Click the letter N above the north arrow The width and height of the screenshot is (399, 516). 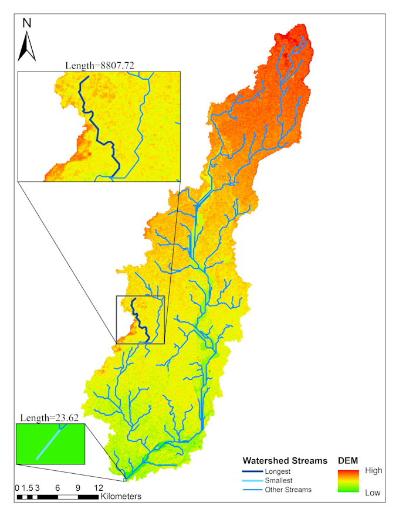27,23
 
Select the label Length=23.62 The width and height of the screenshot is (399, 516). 49,418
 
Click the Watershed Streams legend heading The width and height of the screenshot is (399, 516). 285,461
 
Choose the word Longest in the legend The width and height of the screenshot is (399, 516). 278,471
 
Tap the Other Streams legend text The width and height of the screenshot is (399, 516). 288,490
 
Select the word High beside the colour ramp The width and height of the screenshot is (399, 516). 373,470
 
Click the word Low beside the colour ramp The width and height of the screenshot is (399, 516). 373,493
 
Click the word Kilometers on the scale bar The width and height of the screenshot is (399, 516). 121,497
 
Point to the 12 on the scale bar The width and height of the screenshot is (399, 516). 98,488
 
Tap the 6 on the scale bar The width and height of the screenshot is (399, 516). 58,488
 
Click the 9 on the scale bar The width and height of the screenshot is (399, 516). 77,488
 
